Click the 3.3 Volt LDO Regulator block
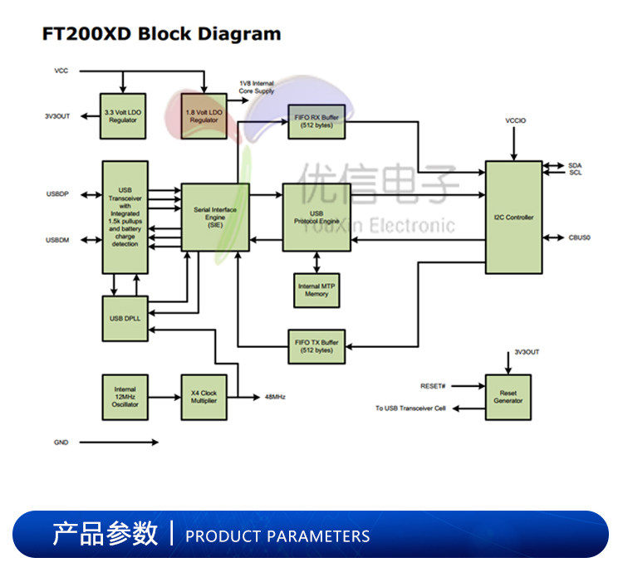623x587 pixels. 122,115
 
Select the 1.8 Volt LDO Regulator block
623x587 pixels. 204,115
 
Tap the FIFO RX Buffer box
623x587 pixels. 316,122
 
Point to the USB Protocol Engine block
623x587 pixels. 316,218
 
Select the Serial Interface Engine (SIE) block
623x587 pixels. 214,218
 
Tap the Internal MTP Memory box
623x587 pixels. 316,290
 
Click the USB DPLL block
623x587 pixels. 124,318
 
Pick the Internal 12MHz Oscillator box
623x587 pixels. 125,397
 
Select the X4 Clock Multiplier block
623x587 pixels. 204,397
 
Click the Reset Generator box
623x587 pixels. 508,397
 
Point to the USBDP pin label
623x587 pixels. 57,194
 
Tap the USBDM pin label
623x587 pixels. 57,241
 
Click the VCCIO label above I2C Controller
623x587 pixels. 515,121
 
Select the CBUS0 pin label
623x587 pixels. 579,238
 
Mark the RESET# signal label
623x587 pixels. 433,386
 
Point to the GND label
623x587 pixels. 61,443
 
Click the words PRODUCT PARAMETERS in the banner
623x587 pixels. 277,536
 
